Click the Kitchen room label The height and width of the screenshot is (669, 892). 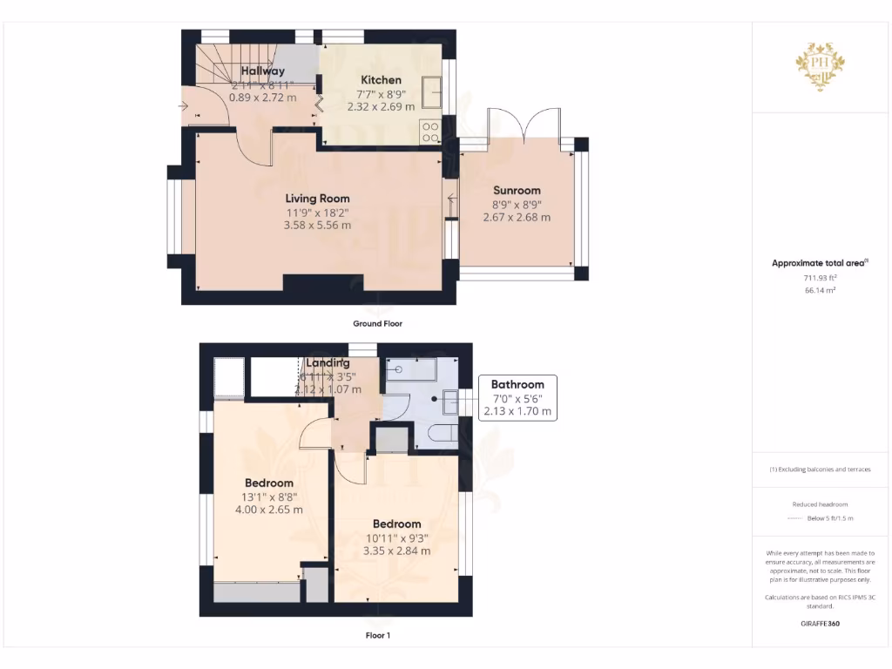(381, 80)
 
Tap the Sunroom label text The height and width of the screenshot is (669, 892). (517, 190)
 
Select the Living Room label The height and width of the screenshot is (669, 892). (317, 199)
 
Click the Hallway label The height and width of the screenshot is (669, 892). (262, 71)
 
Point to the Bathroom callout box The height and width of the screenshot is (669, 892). (517, 398)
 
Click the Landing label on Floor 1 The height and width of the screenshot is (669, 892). (328, 362)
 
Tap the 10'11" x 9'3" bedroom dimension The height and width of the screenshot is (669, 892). (396, 538)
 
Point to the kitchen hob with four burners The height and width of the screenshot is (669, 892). (430, 132)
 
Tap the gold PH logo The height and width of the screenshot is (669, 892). (820, 64)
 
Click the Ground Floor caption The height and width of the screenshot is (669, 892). (377, 323)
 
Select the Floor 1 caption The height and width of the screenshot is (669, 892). (377, 635)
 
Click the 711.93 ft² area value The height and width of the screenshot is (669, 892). (820, 277)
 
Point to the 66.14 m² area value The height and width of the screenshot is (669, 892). (820, 290)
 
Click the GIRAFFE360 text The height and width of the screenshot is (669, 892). (820, 624)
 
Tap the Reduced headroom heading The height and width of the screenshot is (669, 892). (820, 504)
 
